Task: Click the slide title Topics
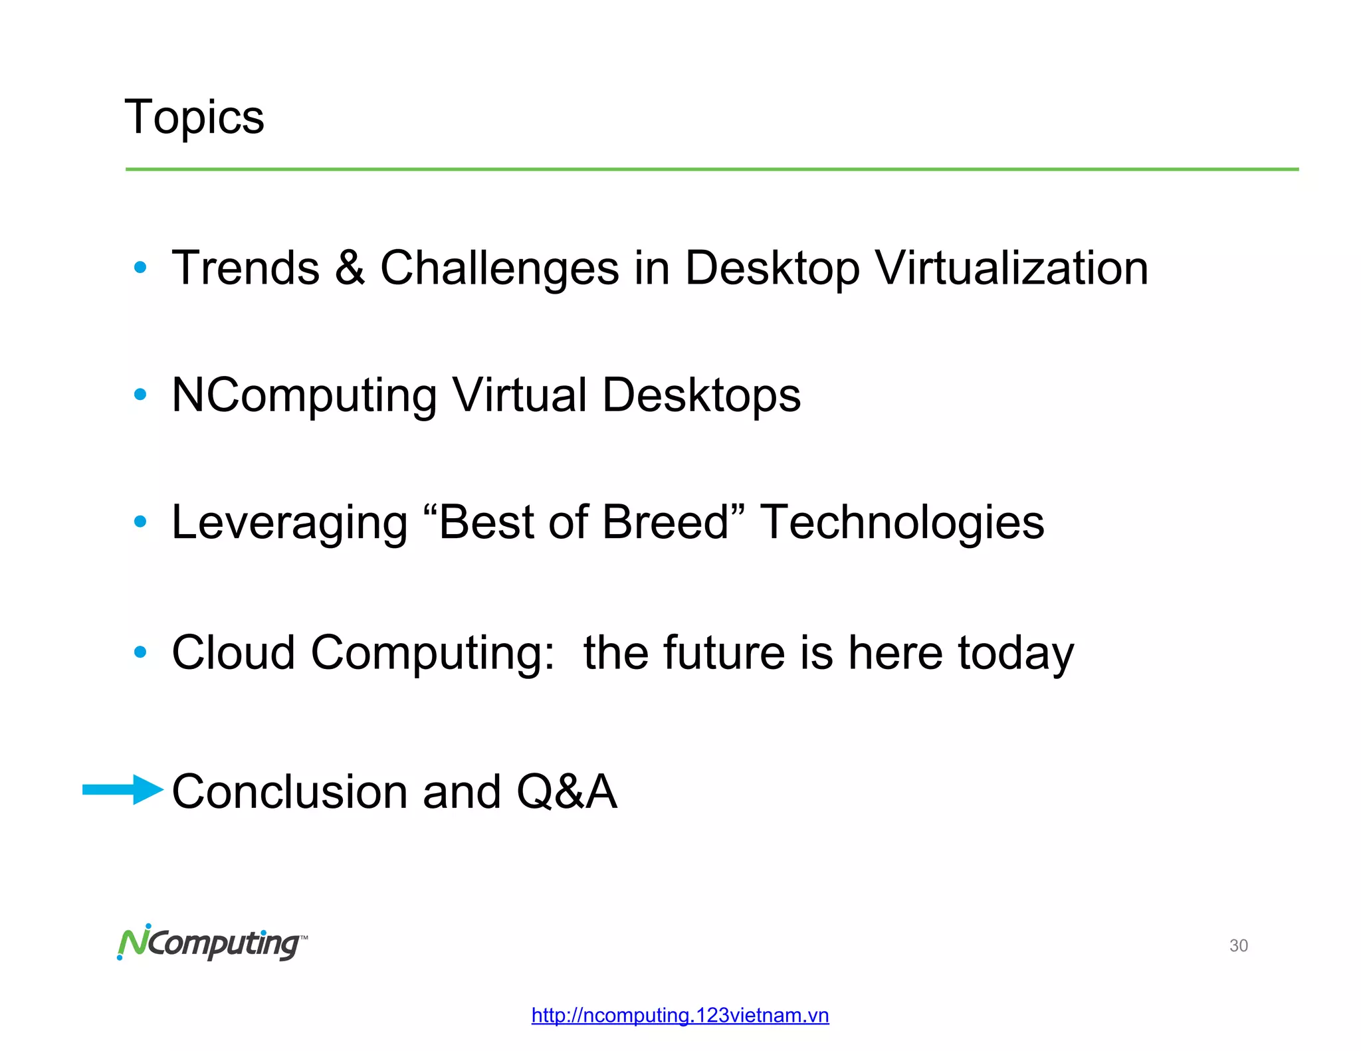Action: (194, 117)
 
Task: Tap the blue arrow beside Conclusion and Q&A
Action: (123, 789)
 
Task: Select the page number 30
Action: (1238, 945)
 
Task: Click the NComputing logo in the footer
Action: (212, 942)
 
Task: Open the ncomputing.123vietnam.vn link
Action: (680, 1015)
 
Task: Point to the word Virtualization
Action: (1011, 268)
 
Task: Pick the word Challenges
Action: (499, 268)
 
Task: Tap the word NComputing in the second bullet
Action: (304, 395)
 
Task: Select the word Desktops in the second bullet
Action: (701, 395)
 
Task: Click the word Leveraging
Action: (289, 523)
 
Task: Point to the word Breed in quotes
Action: (665, 522)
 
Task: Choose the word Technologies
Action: (902, 523)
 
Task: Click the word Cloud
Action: (233, 652)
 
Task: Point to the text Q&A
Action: (567, 792)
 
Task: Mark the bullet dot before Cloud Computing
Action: (140, 652)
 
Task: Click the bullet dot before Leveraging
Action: (140, 522)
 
